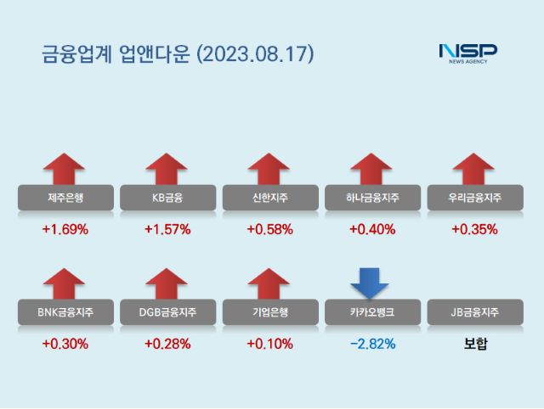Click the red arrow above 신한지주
pos(269,169)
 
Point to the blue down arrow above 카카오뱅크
pos(371,283)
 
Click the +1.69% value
pos(65,229)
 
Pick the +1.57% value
pos(167,229)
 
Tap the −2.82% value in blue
pos(371,344)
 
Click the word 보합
pos(473,344)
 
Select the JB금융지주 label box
pos(473,312)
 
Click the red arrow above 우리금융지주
pos(473,169)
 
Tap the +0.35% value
pos(473,229)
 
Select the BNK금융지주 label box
pos(65,312)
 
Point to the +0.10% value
pos(269,344)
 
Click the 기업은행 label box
pos(269,312)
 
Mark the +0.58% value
pos(269,229)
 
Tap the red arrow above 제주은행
pos(65,169)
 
